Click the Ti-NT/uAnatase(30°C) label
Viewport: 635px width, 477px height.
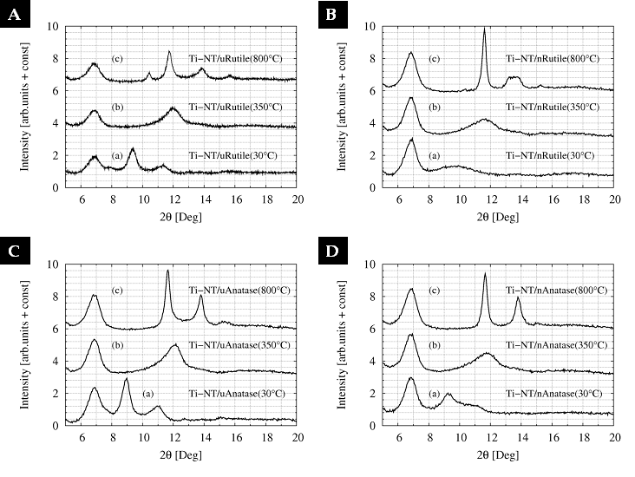pos(236,393)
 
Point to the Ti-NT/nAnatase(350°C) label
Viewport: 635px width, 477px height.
pos(553,344)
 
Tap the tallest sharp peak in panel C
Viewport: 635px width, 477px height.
pos(167,271)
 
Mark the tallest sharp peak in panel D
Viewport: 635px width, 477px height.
pos(484,274)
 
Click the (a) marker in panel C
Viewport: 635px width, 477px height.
pos(148,393)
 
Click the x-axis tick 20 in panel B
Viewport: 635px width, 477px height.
pos(613,199)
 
